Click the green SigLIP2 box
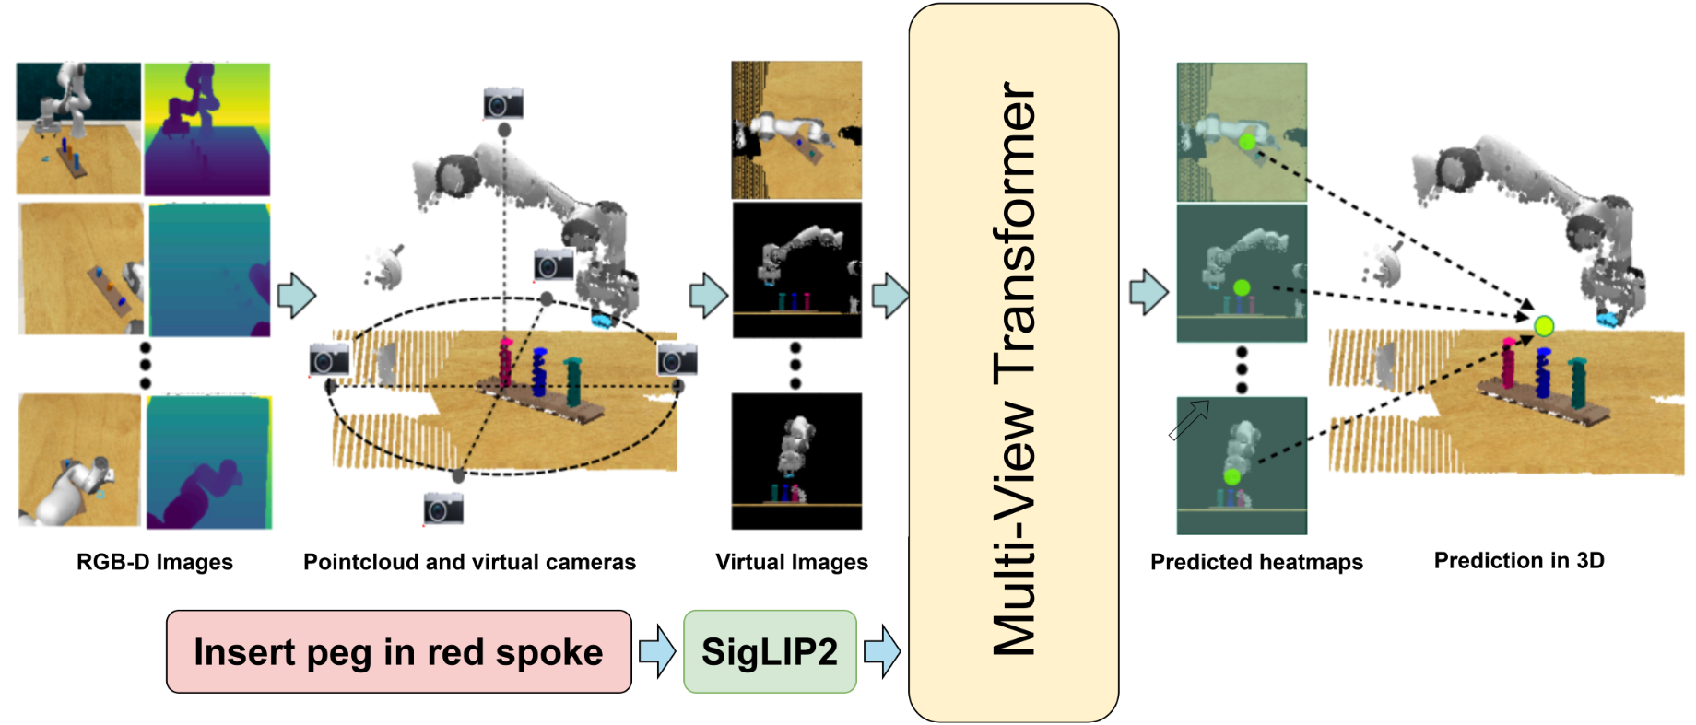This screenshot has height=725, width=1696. coord(770,651)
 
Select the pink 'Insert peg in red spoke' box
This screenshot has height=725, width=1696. coord(398,651)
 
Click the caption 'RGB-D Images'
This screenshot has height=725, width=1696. coord(154,562)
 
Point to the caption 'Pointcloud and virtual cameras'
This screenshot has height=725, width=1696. coord(469,562)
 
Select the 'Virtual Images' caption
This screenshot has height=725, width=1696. coord(791,562)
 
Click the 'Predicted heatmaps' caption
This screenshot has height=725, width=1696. coord(1255,562)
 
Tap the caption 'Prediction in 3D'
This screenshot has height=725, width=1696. coord(1518,560)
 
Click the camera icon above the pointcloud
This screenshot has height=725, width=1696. coord(503,103)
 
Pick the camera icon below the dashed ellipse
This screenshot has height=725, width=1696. coord(443,509)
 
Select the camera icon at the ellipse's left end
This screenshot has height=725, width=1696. coord(329,359)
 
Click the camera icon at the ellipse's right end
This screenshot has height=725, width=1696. coord(677,359)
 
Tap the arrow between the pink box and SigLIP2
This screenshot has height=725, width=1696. coord(657,650)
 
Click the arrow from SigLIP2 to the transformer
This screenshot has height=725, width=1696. coord(882,650)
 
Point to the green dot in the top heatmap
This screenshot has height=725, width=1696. coord(1247,142)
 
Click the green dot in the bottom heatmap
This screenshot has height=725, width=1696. coord(1231,476)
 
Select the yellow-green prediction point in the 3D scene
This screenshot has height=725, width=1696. coord(1544,325)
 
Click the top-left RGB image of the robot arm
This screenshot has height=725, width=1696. coord(78,128)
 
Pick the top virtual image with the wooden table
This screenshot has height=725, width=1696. coord(796,130)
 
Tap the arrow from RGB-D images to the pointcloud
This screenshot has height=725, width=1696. coord(297,295)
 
